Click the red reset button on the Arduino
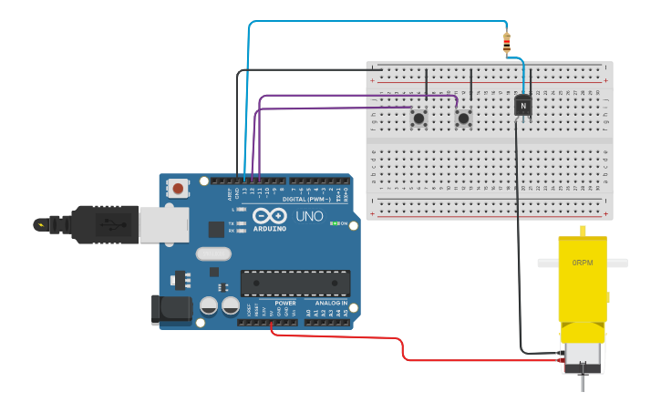178,189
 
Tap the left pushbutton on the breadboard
418,118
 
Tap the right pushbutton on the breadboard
463,118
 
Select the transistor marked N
522,106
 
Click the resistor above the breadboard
507,41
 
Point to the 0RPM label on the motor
582,263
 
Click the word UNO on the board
309,217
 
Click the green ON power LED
335,223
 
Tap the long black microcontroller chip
294,283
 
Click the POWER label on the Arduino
285,303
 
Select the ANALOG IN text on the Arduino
331,303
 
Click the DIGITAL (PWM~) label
306,198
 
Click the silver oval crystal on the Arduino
214,253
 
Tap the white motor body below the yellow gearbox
582,356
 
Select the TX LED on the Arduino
239,222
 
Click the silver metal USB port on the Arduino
164,224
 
